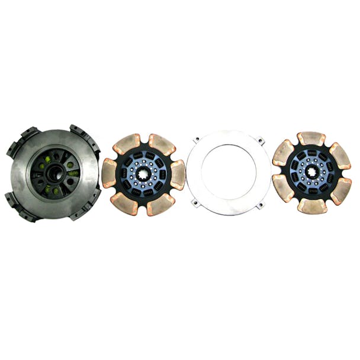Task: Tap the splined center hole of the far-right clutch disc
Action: pos(312,173)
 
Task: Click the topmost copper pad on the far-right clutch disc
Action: pos(311,139)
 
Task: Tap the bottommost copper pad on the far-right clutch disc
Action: pos(312,205)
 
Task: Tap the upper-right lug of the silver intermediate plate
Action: pos(258,141)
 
